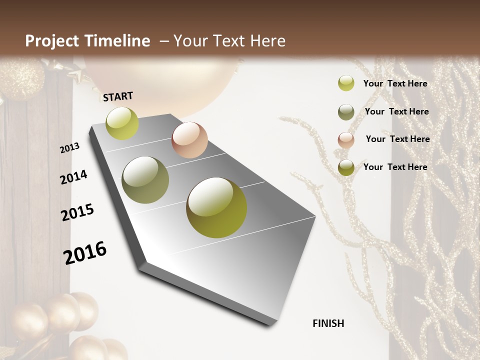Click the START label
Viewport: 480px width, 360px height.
point(118,96)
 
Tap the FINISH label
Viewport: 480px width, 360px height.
point(328,323)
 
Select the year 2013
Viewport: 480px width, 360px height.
point(70,147)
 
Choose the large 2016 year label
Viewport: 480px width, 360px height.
point(85,252)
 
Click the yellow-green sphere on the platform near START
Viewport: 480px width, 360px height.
point(122,123)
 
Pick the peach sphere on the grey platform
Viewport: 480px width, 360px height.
point(189,140)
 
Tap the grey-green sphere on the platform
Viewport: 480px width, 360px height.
point(145,180)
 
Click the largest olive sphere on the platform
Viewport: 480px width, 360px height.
point(216,207)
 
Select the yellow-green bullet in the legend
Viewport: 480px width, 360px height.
point(346,83)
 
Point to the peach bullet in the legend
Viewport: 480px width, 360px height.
point(346,140)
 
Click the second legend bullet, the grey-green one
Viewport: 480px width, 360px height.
point(346,112)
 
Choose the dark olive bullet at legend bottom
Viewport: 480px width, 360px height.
point(346,167)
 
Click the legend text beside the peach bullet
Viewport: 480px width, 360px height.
point(397,139)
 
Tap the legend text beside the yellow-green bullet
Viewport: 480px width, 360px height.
point(395,83)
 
